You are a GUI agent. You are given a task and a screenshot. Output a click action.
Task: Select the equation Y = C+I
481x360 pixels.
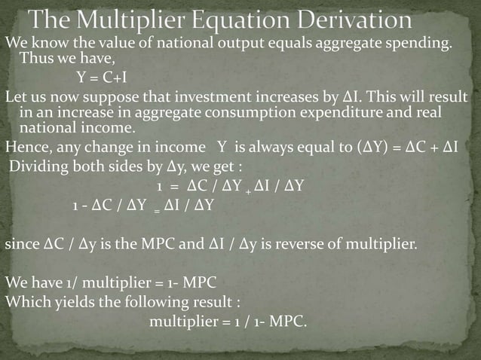[x=106, y=77]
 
